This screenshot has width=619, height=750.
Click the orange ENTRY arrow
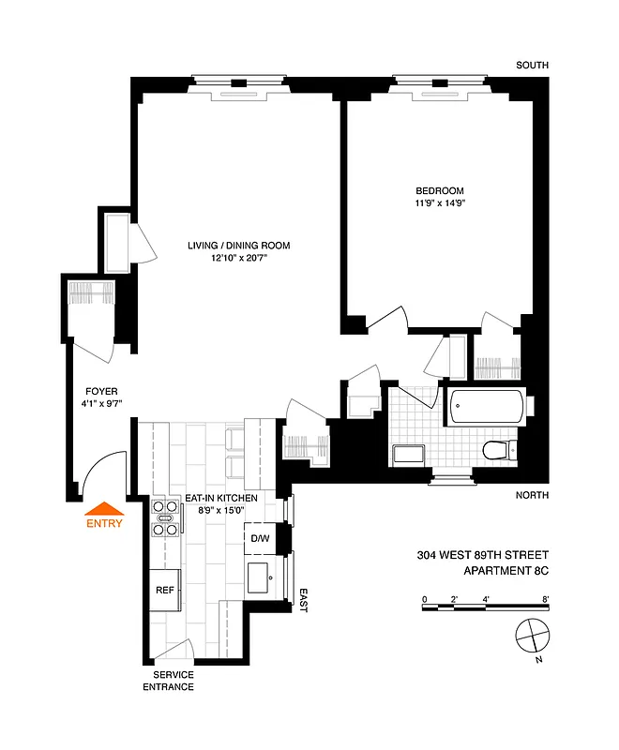[104, 511]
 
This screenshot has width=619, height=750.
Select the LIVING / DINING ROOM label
[237, 246]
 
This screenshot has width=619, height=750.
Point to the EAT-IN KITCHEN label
[221, 499]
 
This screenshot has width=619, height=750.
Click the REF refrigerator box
[165, 591]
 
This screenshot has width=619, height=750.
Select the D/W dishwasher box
[260, 539]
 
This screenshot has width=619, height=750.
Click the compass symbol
[531, 636]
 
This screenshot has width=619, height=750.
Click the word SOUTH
[532, 66]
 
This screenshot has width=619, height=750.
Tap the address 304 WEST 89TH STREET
[483, 555]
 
